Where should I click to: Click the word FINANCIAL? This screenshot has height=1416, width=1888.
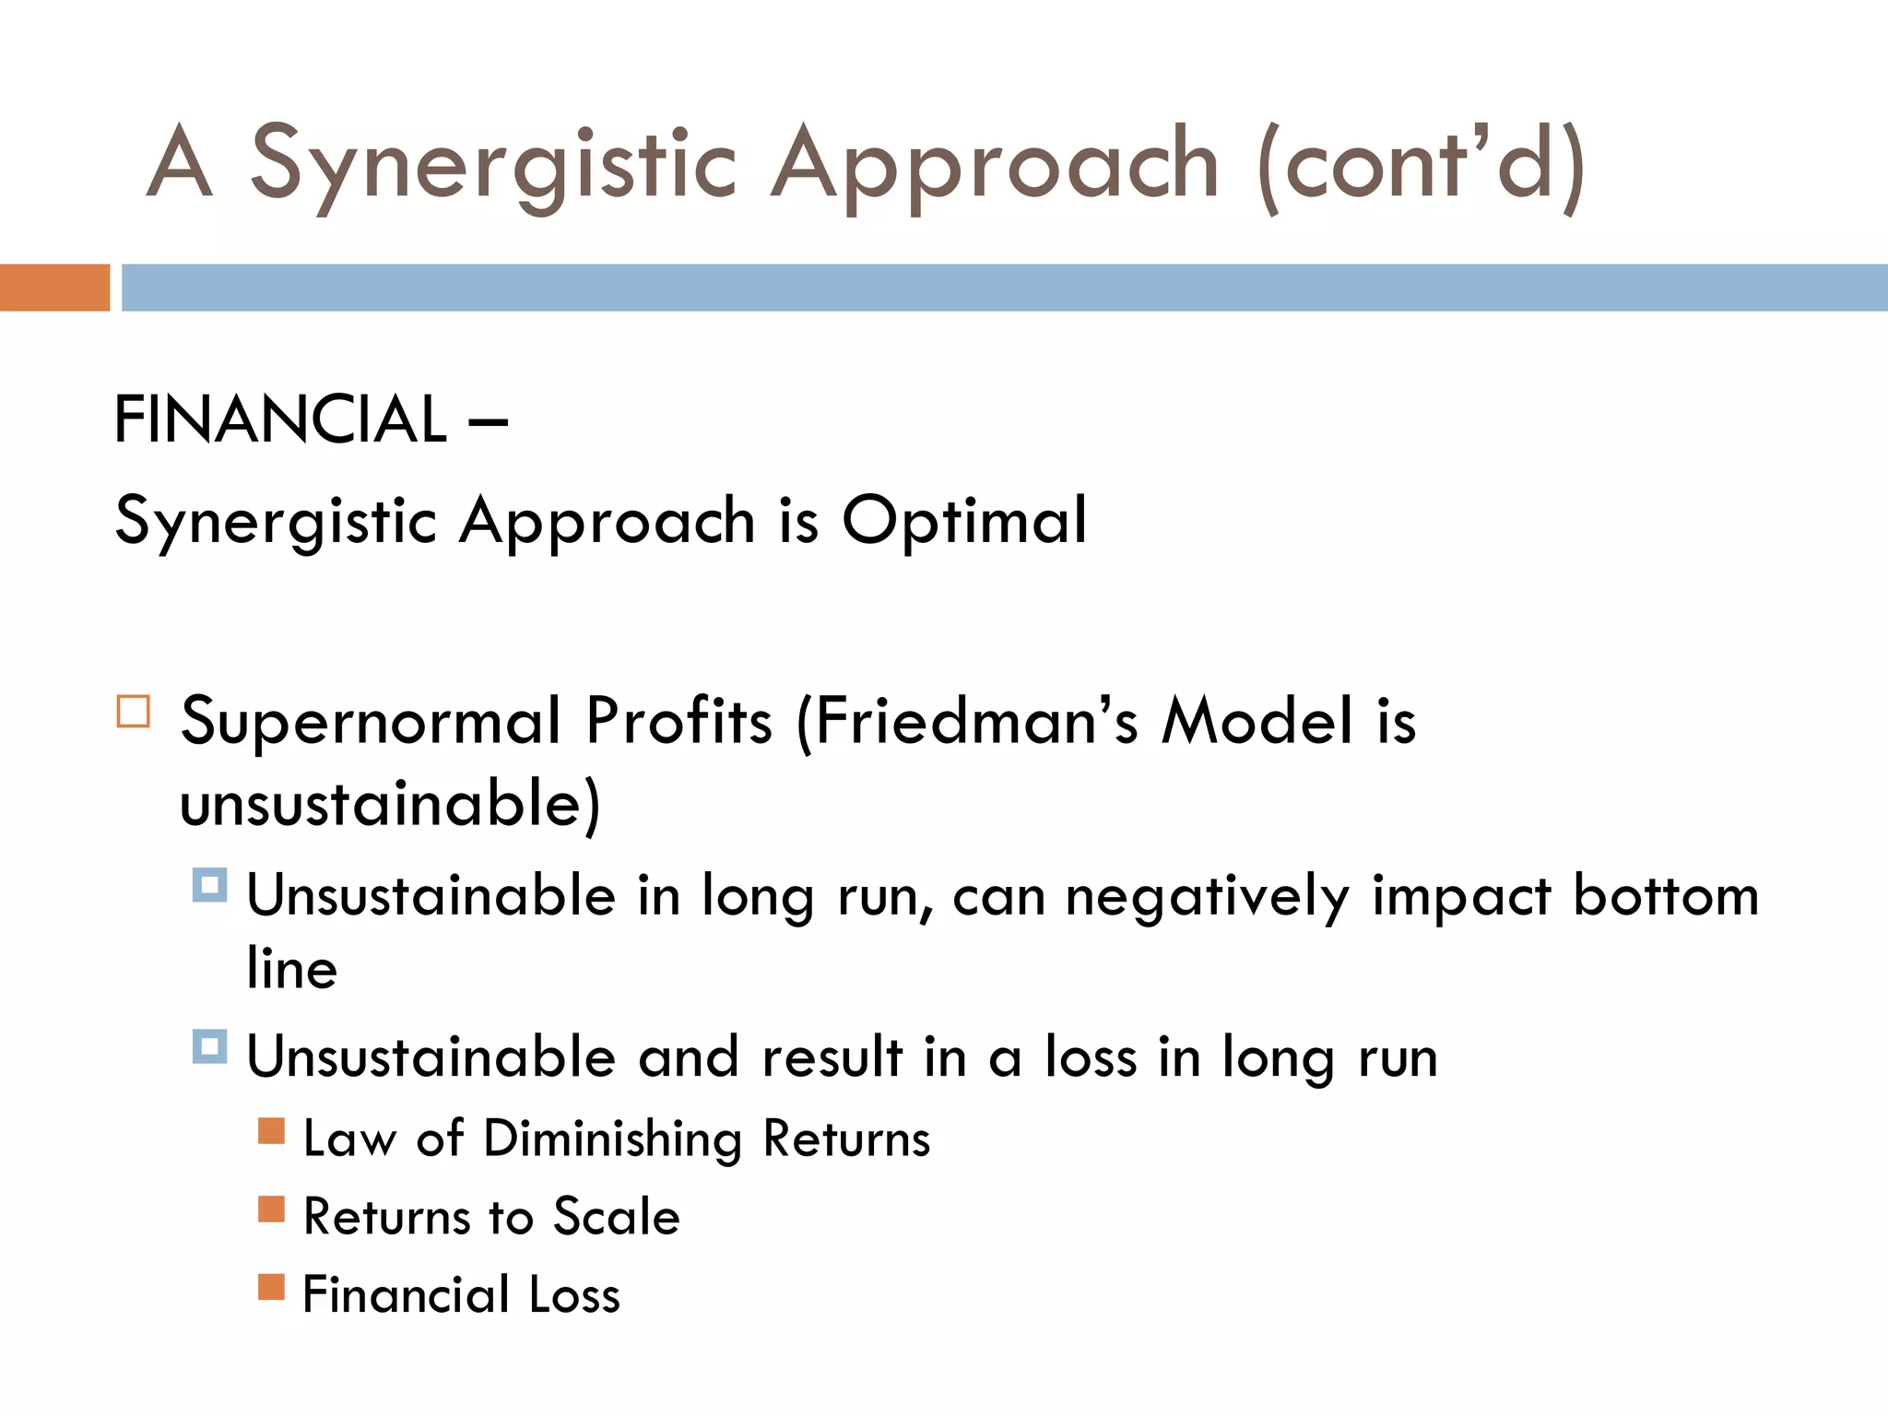click(280, 419)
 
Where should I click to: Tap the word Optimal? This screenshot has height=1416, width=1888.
click(964, 520)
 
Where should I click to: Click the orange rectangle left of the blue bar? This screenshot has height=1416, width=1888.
click(54, 288)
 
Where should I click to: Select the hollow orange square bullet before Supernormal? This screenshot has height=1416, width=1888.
click(134, 713)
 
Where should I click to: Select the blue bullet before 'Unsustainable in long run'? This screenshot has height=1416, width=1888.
click(209, 886)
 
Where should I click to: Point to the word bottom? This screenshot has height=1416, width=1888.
click(1666, 895)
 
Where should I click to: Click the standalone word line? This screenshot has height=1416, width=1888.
click(292, 969)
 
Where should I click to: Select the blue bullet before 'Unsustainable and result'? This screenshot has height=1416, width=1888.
click(209, 1047)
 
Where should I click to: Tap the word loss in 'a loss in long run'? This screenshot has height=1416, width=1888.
click(1091, 1056)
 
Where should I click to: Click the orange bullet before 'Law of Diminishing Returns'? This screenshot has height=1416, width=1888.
click(271, 1130)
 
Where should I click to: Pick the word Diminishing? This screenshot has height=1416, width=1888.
click(612, 1139)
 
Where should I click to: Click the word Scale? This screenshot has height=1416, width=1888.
click(616, 1217)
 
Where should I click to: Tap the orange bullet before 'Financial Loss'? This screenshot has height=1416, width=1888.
click(271, 1286)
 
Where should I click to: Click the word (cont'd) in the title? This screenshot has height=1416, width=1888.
click(1421, 164)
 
